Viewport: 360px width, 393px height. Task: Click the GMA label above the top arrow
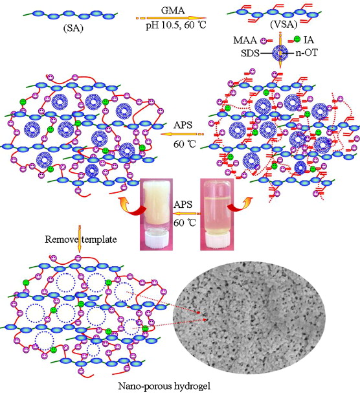[173, 10]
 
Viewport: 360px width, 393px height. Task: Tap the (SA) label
[73, 28]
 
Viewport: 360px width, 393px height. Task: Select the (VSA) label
[284, 25]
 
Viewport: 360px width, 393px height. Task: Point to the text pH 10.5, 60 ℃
[176, 25]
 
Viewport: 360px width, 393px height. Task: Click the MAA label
[245, 40]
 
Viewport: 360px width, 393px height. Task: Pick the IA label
[308, 39]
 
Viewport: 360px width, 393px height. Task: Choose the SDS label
[250, 53]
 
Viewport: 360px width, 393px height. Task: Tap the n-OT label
[306, 53]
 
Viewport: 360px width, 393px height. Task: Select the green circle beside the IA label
[297, 39]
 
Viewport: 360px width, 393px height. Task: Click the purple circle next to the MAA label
[264, 40]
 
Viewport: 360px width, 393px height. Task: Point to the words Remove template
[81, 240]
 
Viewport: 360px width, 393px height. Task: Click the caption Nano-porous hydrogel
[164, 386]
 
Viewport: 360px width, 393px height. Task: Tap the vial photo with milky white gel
[157, 214]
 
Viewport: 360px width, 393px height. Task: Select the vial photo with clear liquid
[217, 214]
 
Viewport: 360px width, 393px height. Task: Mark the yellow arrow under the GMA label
[171, 18]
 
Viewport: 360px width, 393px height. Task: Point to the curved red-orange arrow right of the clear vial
[240, 205]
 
